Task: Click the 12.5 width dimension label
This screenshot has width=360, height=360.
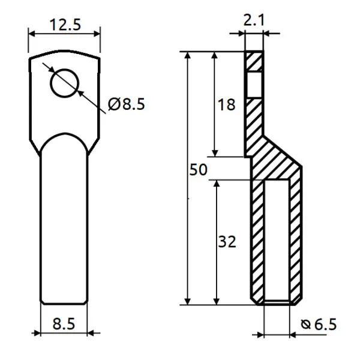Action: point(65,25)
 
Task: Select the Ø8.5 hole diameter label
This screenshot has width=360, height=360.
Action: point(126,104)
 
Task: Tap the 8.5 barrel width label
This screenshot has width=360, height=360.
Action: point(64,324)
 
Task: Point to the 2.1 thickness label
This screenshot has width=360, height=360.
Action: point(253,20)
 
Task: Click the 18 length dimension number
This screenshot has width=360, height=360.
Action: point(226,104)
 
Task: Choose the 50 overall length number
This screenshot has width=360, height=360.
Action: point(199,170)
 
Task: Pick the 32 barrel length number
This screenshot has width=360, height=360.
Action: point(227,242)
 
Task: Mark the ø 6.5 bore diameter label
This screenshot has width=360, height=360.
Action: point(319,325)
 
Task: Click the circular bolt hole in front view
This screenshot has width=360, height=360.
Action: point(65,83)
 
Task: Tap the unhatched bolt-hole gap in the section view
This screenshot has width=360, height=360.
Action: point(254,85)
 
